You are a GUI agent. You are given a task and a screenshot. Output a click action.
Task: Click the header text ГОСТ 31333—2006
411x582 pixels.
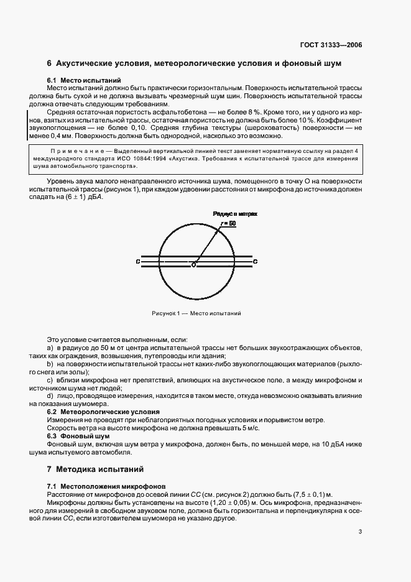[x=332, y=45]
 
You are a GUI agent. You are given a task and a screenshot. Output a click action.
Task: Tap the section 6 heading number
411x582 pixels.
[x=50, y=64]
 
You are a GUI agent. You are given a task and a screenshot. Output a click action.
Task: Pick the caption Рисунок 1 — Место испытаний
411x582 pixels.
[x=196, y=313]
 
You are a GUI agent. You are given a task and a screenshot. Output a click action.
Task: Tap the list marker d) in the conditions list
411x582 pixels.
[x=50, y=395]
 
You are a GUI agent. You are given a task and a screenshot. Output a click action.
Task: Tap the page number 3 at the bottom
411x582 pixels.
[x=360, y=532]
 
